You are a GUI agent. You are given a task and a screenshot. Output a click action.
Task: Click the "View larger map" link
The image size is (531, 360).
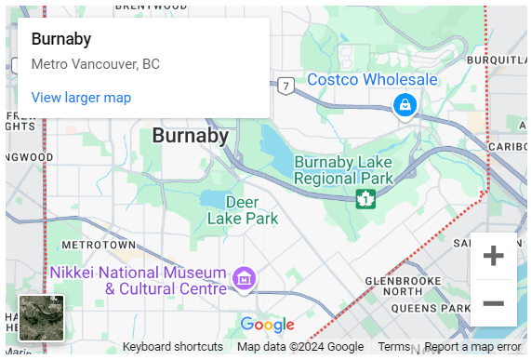coord(81,98)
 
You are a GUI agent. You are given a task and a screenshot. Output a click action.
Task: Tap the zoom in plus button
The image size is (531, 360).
coord(494,256)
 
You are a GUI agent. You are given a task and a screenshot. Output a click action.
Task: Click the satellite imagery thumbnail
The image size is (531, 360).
coord(42,318)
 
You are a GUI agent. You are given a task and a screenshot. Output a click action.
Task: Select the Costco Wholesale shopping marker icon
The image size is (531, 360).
coord(405,105)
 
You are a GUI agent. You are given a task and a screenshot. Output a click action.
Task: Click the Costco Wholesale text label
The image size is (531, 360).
coord(372,80)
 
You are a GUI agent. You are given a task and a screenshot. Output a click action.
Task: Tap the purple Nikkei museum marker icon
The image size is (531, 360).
coord(245,277)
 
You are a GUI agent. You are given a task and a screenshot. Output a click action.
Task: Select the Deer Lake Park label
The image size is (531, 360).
coord(239,210)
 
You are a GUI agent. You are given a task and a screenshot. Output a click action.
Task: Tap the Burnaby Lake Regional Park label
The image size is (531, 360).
coord(344,169)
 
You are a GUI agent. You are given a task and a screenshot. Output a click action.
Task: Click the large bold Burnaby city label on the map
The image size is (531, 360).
coord(190,136)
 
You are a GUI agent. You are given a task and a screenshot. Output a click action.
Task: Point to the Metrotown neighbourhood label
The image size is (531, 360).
coord(93,245)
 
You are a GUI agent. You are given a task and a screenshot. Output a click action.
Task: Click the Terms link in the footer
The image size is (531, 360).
coord(394,347)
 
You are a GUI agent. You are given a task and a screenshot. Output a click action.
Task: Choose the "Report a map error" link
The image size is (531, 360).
coord(472,347)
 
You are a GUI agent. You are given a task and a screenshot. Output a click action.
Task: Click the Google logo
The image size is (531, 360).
coord(267,325)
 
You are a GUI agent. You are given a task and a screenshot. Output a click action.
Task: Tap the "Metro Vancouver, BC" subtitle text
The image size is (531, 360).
coord(95,65)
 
